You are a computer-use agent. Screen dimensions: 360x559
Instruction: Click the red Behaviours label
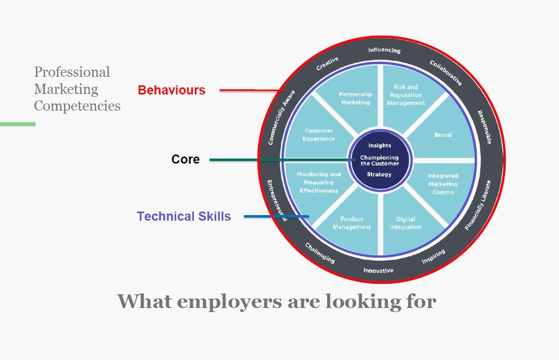(172, 90)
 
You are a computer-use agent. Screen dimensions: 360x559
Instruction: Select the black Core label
(185, 160)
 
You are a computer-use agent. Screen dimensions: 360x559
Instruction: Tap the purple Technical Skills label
(184, 217)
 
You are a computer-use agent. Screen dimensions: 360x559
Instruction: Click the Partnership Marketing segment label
(355, 98)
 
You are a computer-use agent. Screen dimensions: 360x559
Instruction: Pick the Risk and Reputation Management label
(406, 95)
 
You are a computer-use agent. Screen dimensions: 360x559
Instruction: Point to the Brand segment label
(443, 135)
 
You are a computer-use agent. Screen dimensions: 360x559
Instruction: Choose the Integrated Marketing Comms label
(443, 184)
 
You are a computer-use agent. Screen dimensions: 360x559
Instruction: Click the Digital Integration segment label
(405, 223)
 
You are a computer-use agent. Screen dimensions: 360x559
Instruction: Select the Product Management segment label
(352, 223)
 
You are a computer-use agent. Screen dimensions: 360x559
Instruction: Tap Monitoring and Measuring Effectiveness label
(319, 182)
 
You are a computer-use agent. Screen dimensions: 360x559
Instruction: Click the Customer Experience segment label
(319, 135)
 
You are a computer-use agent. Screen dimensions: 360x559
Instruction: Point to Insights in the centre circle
(379, 145)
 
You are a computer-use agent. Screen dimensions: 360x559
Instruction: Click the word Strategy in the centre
(379, 175)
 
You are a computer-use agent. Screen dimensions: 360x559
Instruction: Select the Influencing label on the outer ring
(384, 50)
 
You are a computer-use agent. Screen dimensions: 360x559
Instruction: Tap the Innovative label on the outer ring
(378, 271)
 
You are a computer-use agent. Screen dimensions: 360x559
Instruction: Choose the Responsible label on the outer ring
(484, 127)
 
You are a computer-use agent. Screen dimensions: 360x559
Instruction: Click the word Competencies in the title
(77, 106)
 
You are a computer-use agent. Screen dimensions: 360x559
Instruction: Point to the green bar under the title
(18, 124)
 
